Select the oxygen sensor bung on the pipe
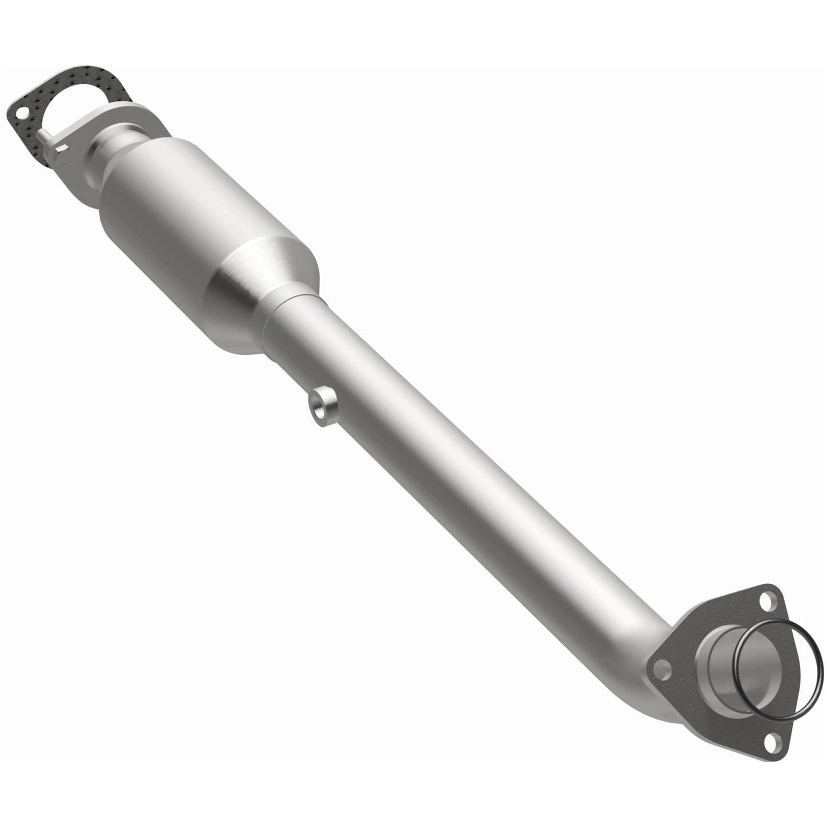point(323,407)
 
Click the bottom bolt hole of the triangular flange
point(771,742)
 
